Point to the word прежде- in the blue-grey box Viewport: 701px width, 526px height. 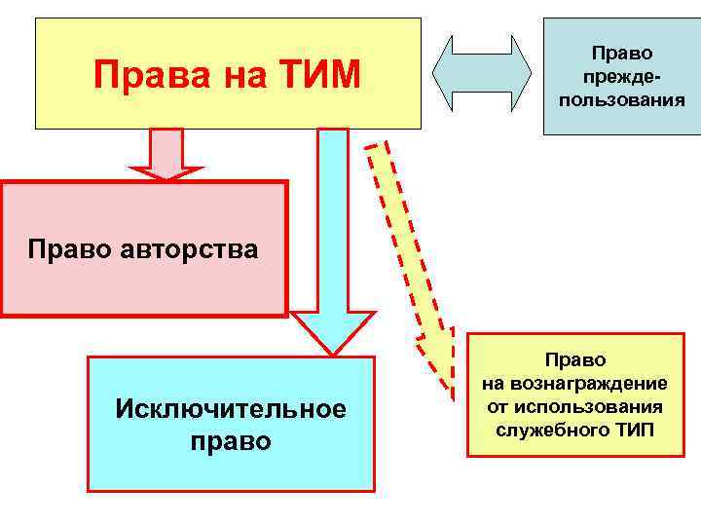[x=620, y=76]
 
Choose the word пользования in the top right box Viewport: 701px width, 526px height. [x=621, y=99]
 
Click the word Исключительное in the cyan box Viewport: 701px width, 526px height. [x=231, y=407]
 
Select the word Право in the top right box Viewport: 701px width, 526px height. [x=621, y=54]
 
